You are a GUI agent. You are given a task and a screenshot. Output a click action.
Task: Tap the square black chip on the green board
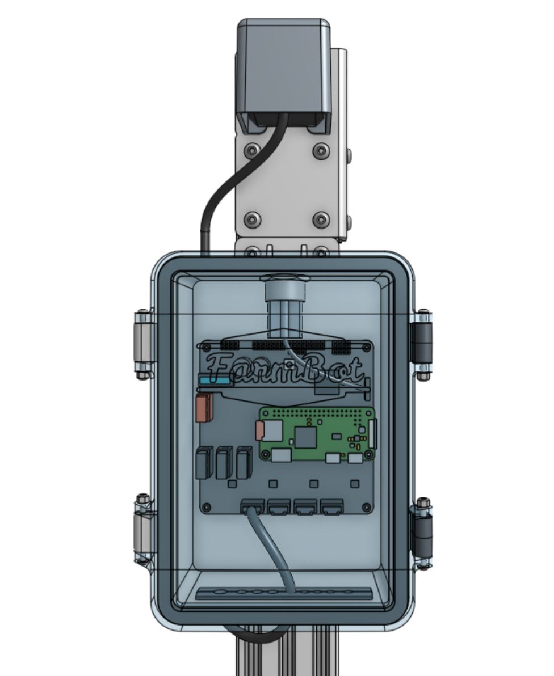[x=305, y=437]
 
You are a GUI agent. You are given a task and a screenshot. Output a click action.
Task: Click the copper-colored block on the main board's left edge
[x=204, y=408]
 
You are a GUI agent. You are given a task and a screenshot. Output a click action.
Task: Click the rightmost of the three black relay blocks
[x=244, y=463]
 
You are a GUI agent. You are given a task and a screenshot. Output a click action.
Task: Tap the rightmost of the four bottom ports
[x=332, y=506]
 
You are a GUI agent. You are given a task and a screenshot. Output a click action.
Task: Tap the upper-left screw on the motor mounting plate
[x=252, y=151]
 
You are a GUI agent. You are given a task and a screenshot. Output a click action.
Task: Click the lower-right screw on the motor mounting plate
[x=321, y=219]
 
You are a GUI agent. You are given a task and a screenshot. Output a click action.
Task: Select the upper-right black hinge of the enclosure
[x=421, y=343]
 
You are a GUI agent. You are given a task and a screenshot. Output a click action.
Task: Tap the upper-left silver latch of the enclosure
[x=144, y=344]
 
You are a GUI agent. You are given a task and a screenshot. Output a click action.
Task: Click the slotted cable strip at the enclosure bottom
[x=284, y=594]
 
